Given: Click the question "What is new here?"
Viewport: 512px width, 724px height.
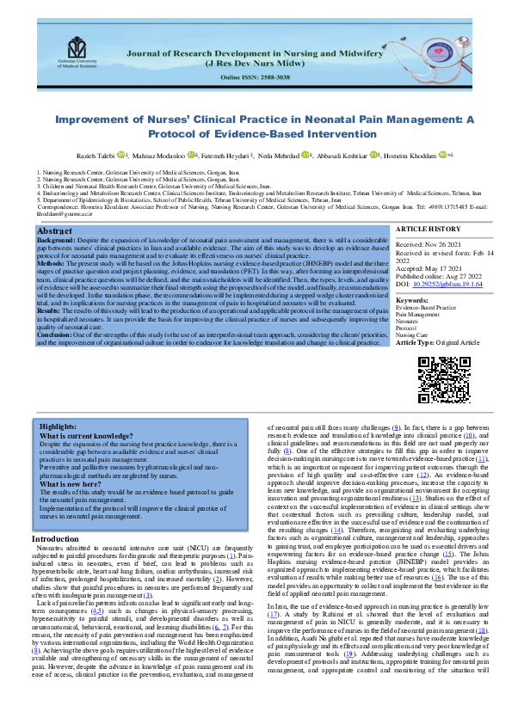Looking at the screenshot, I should click(78, 484).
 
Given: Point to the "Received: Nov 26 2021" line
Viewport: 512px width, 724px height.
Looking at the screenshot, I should click(429, 221).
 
